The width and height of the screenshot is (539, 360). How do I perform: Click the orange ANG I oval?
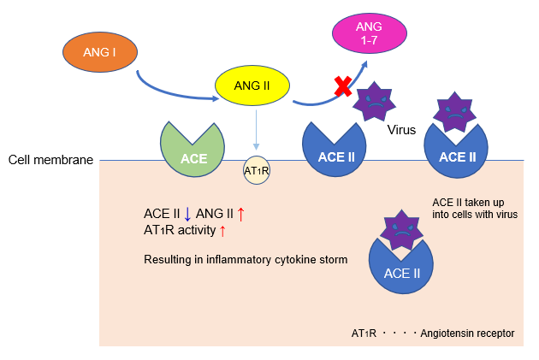(x=101, y=53)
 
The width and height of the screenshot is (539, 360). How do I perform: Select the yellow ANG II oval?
(x=252, y=86)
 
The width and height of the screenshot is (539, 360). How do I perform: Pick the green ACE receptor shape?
(x=193, y=150)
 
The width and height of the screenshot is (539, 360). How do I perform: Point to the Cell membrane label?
(x=50, y=160)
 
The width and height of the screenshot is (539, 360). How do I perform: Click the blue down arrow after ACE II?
(x=187, y=214)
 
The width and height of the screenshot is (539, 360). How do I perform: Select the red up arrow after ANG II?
(x=240, y=214)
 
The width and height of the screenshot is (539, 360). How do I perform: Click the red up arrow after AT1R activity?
(x=223, y=230)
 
